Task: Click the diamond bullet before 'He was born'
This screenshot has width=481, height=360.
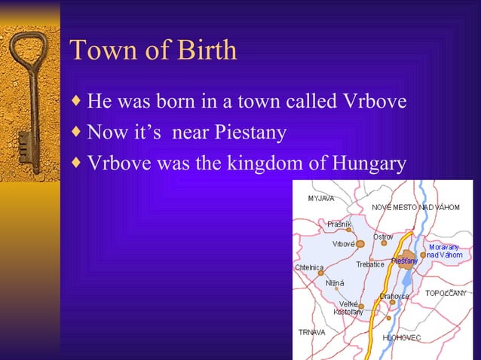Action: click(76, 101)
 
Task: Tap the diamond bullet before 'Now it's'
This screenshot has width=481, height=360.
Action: click(76, 133)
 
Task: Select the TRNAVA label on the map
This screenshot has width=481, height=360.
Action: click(312, 331)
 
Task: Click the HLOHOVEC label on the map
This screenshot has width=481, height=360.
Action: click(402, 338)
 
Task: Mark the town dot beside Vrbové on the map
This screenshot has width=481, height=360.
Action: click(360, 243)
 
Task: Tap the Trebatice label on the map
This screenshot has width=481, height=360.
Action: click(370, 264)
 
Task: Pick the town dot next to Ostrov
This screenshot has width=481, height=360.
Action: click(384, 243)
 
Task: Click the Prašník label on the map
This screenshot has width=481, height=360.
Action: click(339, 224)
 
